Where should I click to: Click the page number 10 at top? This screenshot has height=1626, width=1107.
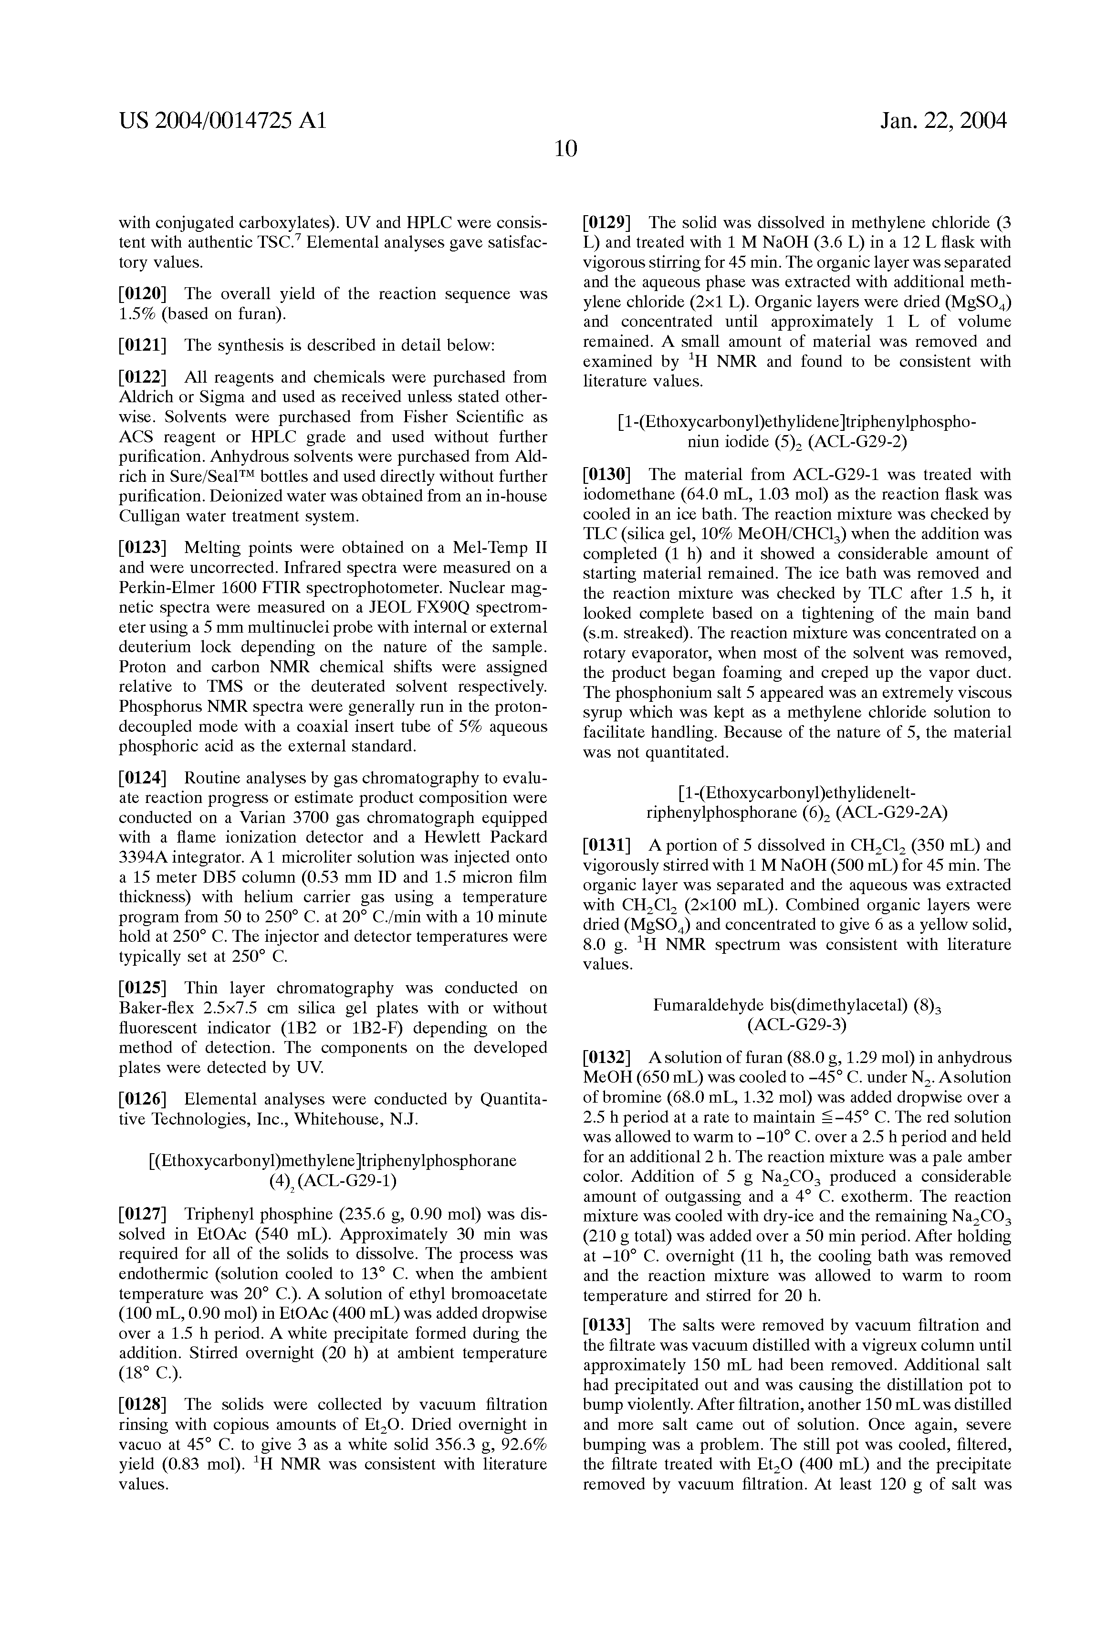coord(565,148)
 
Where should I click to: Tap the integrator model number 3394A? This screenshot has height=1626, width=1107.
coord(146,857)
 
